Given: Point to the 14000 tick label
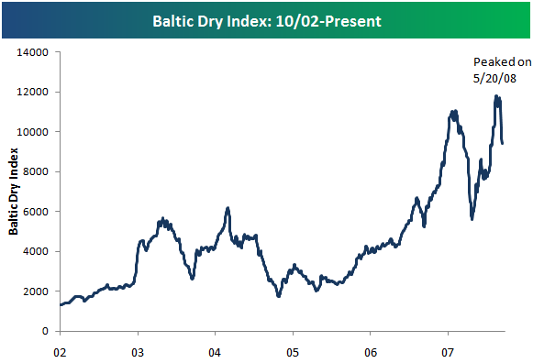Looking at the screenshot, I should (x=33, y=52).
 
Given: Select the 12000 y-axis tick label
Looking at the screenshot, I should (x=33, y=92).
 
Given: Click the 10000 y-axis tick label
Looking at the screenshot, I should (x=33, y=132).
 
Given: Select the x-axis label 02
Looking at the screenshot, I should (x=60, y=350).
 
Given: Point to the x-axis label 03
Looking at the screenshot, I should (x=138, y=350).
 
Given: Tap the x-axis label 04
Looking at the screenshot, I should (x=215, y=350).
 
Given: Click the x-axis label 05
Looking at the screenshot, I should (x=293, y=350).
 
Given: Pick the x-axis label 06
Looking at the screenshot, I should (x=371, y=350).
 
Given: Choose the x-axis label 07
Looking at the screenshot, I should (x=448, y=350).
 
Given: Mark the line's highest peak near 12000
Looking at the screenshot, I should (x=496, y=95).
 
